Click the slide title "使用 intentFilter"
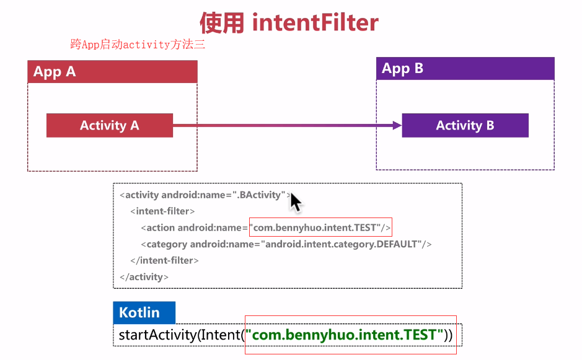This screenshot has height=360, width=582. (x=289, y=23)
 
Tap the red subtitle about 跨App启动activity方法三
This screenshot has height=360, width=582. (x=138, y=45)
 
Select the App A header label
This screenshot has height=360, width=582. (x=55, y=71)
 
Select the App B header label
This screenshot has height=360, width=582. (x=403, y=68)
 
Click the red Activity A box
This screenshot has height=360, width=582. (x=110, y=125)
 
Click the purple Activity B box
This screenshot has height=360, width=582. (x=465, y=125)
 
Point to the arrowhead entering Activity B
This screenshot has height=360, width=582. (x=397, y=125)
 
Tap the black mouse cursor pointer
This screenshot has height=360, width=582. (x=295, y=201)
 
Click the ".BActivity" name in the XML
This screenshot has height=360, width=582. (x=260, y=195)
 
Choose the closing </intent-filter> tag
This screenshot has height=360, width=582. (x=164, y=260)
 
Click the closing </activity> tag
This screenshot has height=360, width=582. (x=144, y=276)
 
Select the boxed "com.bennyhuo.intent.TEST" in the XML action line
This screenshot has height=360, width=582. (x=320, y=227)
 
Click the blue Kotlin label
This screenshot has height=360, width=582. (x=139, y=312)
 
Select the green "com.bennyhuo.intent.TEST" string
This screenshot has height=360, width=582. (x=345, y=335)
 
